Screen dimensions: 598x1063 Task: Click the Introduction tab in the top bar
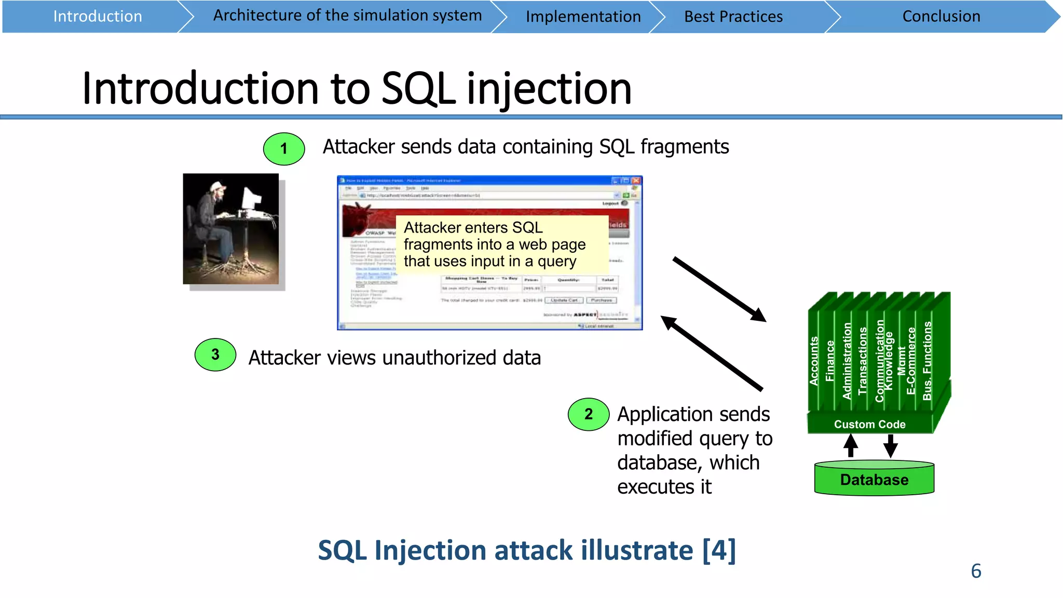(x=98, y=17)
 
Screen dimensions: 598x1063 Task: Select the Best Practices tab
(x=733, y=17)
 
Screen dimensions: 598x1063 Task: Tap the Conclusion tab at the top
(x=941, y=17)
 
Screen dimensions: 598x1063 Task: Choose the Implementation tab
(x=583, y=17)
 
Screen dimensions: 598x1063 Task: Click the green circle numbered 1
(x=284, y=149)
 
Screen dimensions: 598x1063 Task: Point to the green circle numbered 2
(x=589, y=414)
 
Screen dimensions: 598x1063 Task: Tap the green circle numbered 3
(x=215, y=355)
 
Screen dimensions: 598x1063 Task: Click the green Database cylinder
(x=874, y=479)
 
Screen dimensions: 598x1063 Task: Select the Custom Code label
(x=869, y=424)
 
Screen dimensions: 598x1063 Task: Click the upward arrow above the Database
(x=850, y=445)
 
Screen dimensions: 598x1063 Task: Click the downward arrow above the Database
(x=891, y=445)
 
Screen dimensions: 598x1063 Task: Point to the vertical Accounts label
(x=814, y=361)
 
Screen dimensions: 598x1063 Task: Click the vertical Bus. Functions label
(x=927, y=361)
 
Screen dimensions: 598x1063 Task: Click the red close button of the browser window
(x=636, y=181)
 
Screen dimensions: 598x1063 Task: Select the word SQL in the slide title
(x=418, y=89)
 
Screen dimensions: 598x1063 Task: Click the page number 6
(x=976, y=571)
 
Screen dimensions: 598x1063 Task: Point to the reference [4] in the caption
(x=719, y=550)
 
